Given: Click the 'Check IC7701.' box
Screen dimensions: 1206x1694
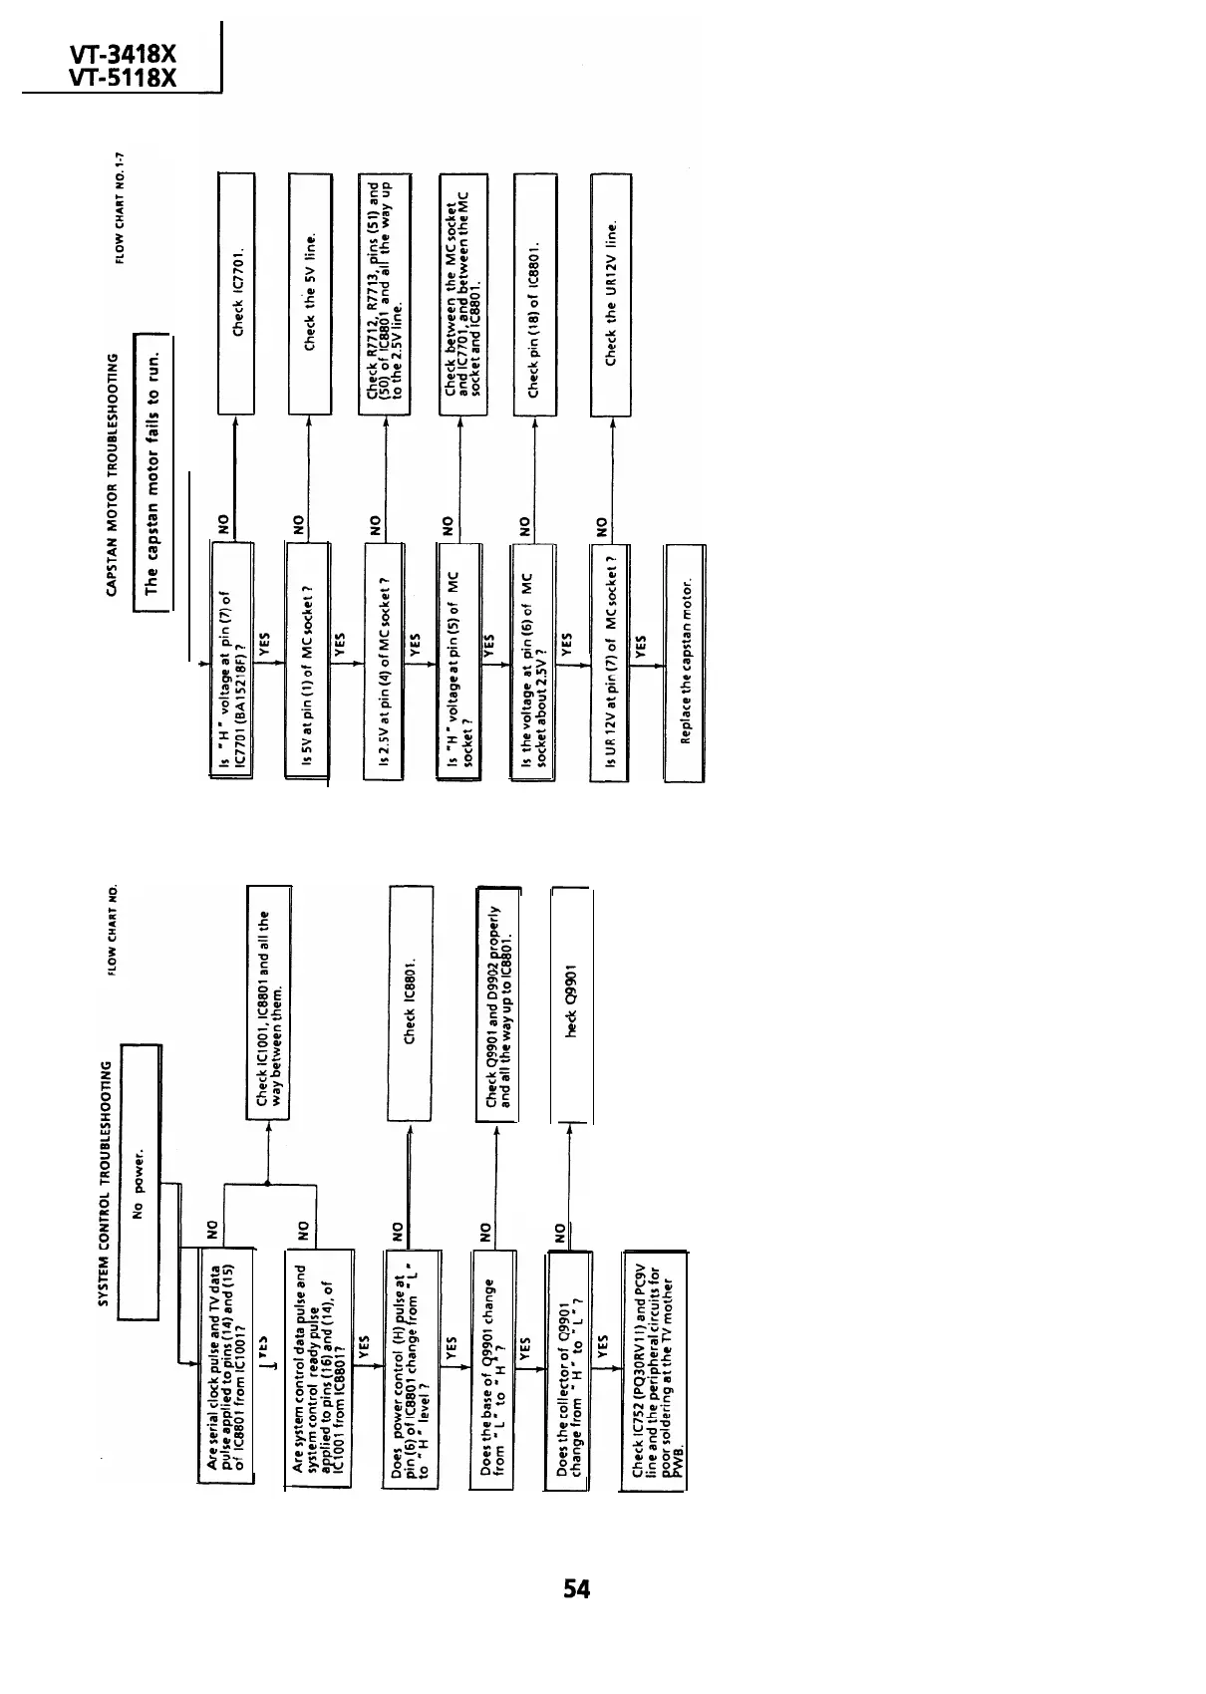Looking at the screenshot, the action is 237,293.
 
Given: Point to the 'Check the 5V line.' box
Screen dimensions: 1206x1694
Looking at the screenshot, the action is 309,293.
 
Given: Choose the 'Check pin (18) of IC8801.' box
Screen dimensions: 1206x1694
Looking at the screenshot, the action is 534,293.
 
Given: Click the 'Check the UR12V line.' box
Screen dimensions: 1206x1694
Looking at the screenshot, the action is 612,293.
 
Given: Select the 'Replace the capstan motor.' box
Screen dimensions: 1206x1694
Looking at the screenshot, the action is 685,663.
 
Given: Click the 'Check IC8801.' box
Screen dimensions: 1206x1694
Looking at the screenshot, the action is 410,1003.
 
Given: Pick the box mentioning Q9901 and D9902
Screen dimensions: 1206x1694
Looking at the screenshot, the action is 498,1003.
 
